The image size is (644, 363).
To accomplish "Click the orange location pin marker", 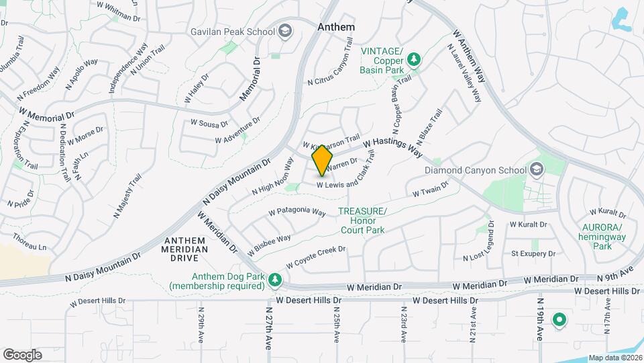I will tap(323, 160).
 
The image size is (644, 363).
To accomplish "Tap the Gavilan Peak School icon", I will tap(285, 32).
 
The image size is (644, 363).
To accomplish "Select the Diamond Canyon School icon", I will tap(536, 169).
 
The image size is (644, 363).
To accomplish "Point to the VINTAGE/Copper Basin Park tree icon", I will tap(415, 59).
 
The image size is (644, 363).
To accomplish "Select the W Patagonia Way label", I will tap(297, 211).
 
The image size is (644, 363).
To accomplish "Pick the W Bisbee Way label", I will tap(269, 245).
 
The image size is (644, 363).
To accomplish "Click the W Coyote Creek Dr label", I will tap(315, 257).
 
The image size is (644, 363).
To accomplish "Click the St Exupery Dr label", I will tap(533, 253).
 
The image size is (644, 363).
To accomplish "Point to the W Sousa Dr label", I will tap(209, 123).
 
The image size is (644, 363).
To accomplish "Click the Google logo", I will tap(22, 354).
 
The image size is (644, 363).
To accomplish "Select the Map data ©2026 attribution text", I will tap(614, 358).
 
